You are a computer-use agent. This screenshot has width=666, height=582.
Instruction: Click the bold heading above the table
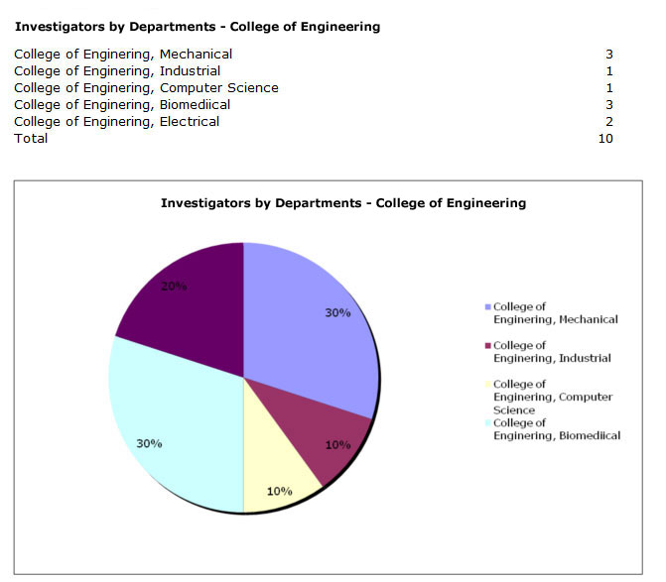pos(197,27)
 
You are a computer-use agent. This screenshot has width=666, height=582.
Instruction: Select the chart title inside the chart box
pos(343,202)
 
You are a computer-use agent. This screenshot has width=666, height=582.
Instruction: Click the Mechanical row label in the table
pos(123,54)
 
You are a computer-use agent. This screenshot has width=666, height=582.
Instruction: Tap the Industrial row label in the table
pos(117,70)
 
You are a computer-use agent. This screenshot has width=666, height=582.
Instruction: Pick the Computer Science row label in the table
pos(146,87)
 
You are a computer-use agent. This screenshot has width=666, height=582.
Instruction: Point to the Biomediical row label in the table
pos(122,104)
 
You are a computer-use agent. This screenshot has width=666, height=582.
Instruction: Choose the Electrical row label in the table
pos(117,121)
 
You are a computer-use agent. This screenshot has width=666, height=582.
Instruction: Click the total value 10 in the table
pos(604,138)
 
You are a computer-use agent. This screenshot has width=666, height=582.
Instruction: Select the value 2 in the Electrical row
pos(608,121)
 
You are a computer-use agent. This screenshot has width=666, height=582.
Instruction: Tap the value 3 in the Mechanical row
pos(608,54)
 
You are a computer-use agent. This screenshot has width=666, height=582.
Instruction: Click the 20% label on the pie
pos(175,287)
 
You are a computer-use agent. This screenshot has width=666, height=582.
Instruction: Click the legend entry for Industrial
pos(550,352)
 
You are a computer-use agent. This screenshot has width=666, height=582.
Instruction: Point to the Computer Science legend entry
pos(551,397)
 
